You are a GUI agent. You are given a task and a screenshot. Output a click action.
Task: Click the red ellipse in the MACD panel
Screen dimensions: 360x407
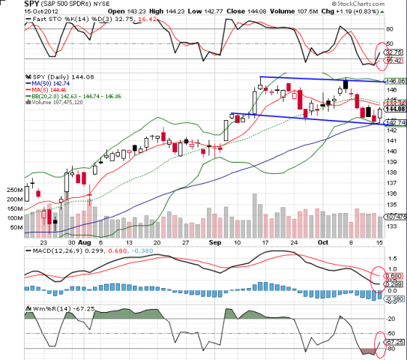[x=381, y=274]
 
